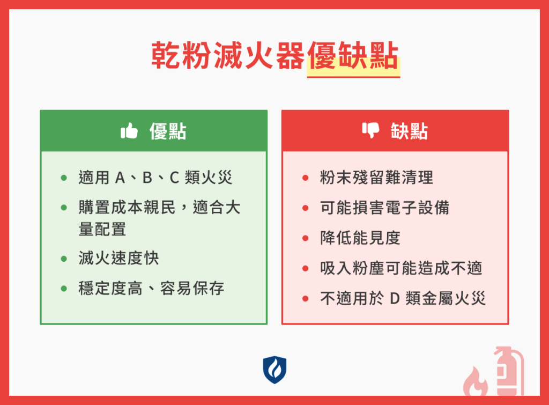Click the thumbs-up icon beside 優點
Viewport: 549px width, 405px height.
click(x=129, y=131)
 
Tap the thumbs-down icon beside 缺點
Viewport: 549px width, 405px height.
click(x=370, y=130)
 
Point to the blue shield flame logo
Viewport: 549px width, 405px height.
click(x=274, y=370)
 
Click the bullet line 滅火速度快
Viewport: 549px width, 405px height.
click(x=118, y=259)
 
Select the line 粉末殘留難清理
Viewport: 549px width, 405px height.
click(x=376, y=178)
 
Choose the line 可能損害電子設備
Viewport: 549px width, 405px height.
click(x=384, y=208)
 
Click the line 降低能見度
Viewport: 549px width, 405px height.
click(x=360, y=238)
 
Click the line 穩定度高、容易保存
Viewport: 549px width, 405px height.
click(x=151, y=289)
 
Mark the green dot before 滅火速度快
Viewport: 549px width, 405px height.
click(x=64, y=259)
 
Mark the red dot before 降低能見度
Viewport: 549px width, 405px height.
click(x=306, y=238)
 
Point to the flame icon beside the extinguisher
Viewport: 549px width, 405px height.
click(x=475, y=381)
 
